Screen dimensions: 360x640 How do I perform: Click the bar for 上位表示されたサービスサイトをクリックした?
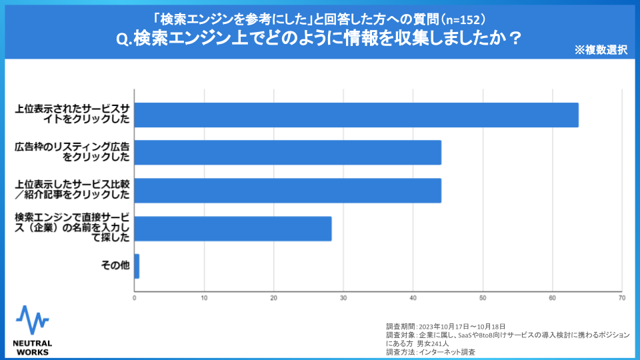point(356,115)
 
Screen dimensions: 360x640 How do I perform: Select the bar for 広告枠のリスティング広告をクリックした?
point(287,153)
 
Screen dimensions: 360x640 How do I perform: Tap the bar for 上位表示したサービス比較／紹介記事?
point(287,190)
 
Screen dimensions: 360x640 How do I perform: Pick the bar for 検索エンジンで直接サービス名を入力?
point(233,228)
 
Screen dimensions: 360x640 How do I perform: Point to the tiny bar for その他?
point(137,266)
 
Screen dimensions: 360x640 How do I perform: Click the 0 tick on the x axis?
point(135,297)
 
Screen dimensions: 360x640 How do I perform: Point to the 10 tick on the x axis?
point(204,297)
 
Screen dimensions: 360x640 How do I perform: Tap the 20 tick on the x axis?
point(274,297)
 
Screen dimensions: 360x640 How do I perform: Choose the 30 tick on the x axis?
point(343,297)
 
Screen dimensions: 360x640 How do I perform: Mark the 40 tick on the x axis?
point(413,297)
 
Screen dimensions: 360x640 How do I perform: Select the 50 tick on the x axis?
point(483,297)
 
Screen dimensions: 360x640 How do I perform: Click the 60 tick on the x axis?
point(552,297)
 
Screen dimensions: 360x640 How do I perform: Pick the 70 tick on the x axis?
point(621,297)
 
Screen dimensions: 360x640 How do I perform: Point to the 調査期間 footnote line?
point(445,326)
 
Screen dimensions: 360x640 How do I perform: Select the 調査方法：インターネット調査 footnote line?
point(431,352)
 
